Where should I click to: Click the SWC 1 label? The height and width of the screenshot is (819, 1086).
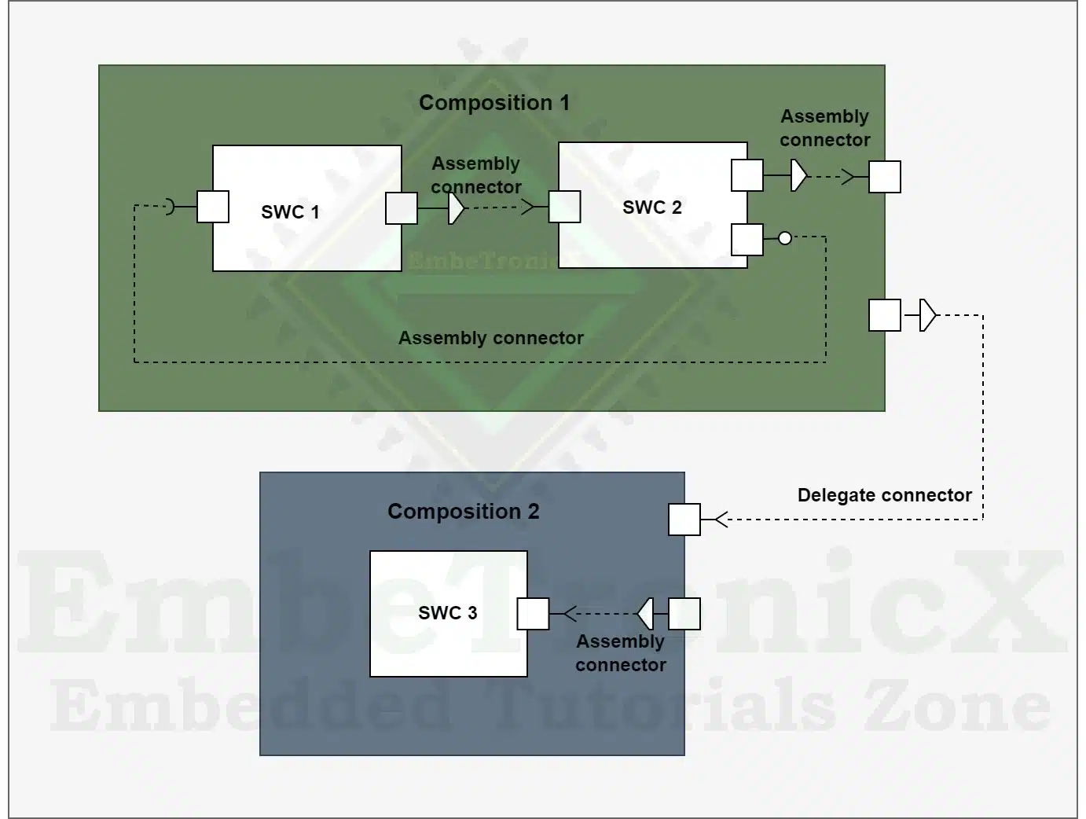pos(290,211)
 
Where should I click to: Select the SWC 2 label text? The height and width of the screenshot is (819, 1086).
pos(652,208)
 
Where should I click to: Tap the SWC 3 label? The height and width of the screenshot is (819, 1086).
pos(448,612)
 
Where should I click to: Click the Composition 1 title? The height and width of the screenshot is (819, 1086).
pos(494,103)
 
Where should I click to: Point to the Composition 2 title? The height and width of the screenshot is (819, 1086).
pos(464,511)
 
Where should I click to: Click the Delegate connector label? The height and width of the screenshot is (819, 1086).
pos(885,495)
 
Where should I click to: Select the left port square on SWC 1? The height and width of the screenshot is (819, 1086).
pos(213,207)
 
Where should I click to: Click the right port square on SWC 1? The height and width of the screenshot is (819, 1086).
pos(402,208)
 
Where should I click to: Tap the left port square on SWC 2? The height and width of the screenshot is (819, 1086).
pos(564,207)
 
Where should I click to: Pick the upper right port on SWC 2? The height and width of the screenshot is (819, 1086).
pos(747,175)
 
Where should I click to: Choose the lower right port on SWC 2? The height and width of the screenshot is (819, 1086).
pos(747,240)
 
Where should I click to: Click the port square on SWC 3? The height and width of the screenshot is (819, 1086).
pos(533,614)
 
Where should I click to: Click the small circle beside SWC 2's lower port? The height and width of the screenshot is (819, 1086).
pos(785,238)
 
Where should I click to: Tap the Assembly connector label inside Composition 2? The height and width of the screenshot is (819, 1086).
pos(621,653)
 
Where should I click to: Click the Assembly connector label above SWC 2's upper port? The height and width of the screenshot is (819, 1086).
pos(825,128)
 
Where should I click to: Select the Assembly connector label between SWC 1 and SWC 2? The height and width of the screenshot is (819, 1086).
pos(476,175)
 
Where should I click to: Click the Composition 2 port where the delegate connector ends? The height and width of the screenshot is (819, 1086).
pos(684,520)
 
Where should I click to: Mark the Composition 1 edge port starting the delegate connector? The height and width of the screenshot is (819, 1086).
pos(885,315)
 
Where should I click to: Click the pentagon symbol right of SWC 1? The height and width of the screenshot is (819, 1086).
pos(456,208)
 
